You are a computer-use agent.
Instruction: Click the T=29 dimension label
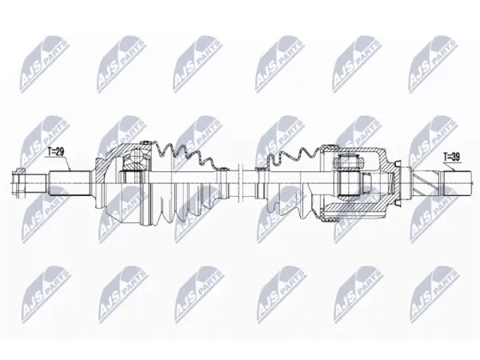56,152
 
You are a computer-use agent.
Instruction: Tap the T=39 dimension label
452,158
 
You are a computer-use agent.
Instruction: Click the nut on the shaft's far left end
18,183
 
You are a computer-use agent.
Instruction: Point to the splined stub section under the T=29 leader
70,183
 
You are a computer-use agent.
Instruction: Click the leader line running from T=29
58,163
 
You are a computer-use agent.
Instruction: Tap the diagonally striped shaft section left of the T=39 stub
427,183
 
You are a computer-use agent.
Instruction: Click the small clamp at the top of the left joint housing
146,142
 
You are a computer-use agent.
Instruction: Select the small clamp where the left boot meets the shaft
223,168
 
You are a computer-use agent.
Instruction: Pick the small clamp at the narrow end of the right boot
262,168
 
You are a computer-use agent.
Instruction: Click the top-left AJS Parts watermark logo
45,64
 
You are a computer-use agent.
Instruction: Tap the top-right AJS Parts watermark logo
433,64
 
